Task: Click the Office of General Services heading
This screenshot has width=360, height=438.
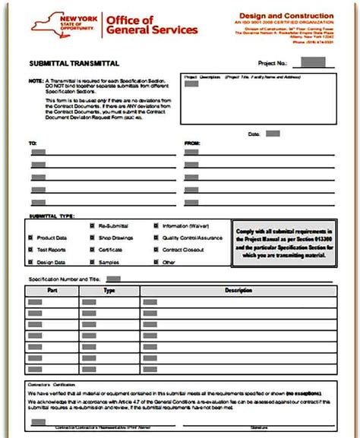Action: (152, 25)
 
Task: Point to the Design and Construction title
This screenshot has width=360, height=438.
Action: (286, 15)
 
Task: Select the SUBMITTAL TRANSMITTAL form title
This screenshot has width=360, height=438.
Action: (73, 64)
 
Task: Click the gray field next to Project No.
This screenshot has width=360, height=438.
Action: (312, 62)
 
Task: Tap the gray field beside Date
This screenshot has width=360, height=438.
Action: (273, 134)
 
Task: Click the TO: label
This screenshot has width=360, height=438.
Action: (33, 142)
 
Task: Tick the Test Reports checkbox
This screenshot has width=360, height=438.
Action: (31, 250)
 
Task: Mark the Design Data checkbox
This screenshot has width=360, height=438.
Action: (31, 262)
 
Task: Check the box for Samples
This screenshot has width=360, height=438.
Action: (93, 262)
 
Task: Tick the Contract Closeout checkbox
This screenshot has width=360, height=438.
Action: (156, 250)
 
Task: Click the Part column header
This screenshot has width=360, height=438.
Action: (52, 290)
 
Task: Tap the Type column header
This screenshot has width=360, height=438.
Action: (109, 290)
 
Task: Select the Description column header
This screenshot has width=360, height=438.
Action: (238, 290)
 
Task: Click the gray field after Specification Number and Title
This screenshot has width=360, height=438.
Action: (113, 279)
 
